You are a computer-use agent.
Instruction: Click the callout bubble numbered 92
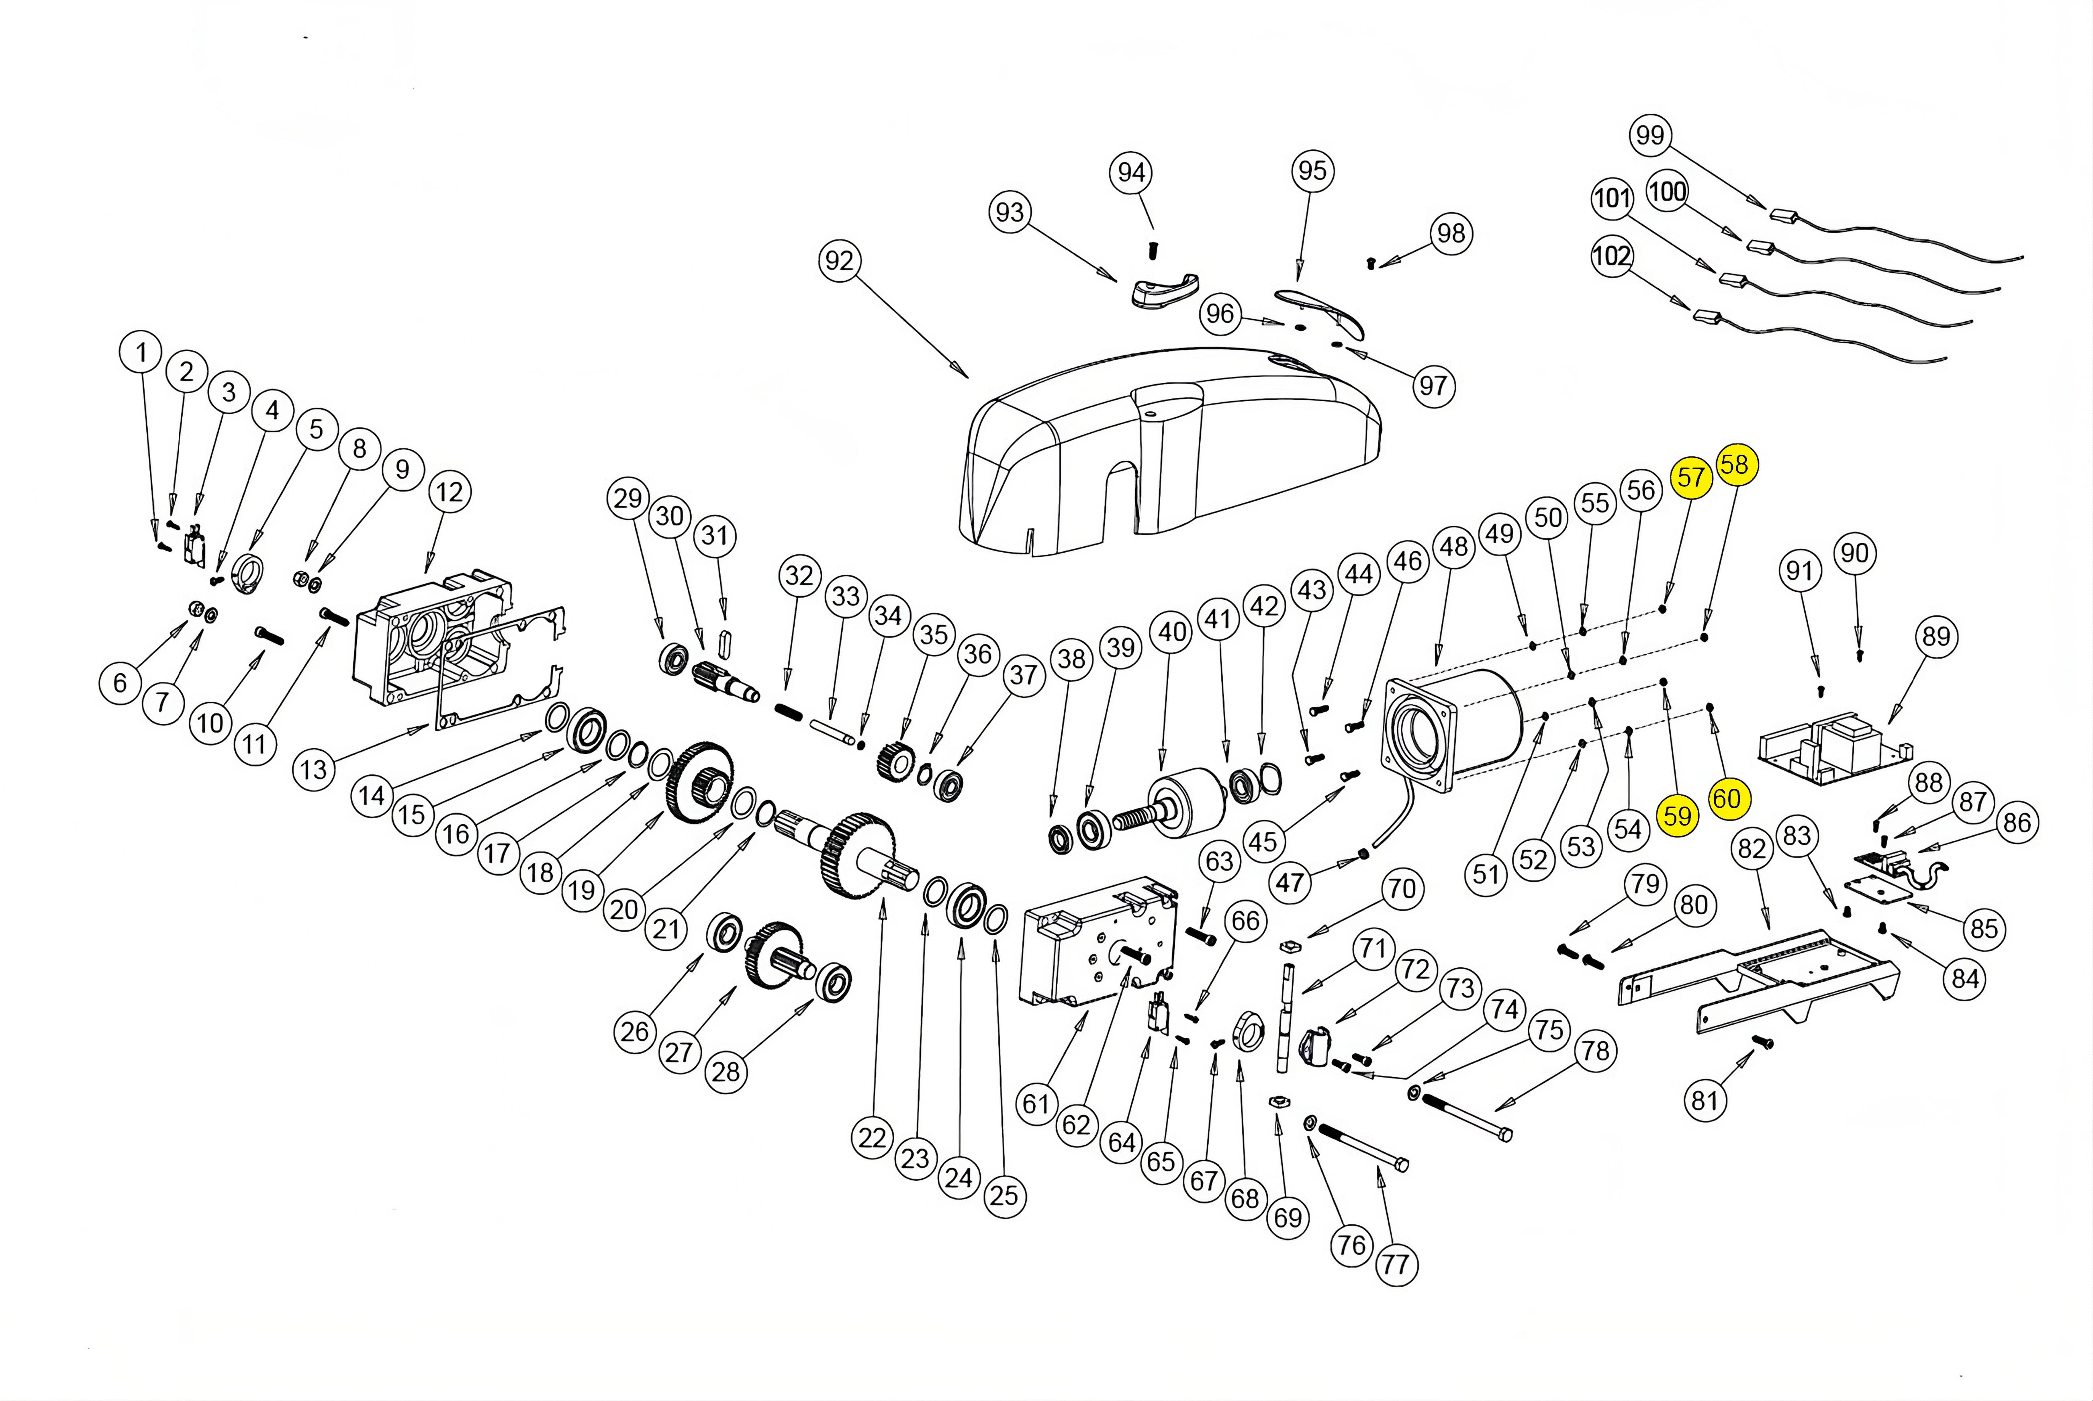click(839, 261)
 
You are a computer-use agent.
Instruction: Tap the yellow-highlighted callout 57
click(1690, 477)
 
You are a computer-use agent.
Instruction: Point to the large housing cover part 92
click(1171, 455)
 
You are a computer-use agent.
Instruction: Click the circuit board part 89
click(1832, 751)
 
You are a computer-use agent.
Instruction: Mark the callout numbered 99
click(1650, 135)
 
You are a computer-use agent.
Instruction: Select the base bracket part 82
click(1760, 983)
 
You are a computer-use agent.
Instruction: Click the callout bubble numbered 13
click(314, 769)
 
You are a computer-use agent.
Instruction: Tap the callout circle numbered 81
click(1704, 1100)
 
